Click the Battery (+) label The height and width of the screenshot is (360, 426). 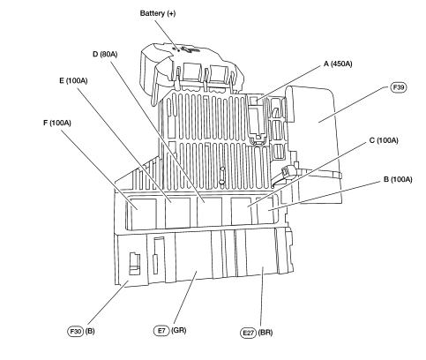pyautogui.click(x=158, y=13)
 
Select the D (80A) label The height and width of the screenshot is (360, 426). pyautogui.click(x=105, y=54)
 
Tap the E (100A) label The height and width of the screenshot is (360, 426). pyautogui.click(x=73, y=80)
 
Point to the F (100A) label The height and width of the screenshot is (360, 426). pyautogui.click(x=57, y=123)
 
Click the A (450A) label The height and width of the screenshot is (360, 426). pyautogui.click(x=338, y=64)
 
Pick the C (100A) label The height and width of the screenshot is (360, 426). pyautogui.click(x=384, y=140)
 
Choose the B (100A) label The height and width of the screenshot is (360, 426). pyautogui.click(x=398, y=179)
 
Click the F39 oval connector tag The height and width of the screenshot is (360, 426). pyautogui.click(x=399, y=87)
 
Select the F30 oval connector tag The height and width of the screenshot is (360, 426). pyautogui.click(x=76, y=331)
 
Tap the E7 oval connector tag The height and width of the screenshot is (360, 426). pyautogui.click(x=161, y=330)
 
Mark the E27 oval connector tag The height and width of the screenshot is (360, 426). pyautogui.click(x=248, y=333)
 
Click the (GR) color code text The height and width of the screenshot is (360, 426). pyautogui.click(x=179, y=330)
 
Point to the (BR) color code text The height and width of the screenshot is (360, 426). pyautogui.click(x=265, y=333)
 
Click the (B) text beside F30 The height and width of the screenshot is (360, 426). pyautogui.click(x=90, y=331)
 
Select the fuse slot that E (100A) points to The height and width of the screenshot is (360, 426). pyautogui.click(x=177, y=213)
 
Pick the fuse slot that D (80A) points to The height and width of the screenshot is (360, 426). pyautogui.click(x=209, y=211)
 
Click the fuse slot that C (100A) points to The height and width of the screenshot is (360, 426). pyautogui.click(x=241, y=211)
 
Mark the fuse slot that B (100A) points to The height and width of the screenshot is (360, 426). pyautogui.click(x=266, y=209)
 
